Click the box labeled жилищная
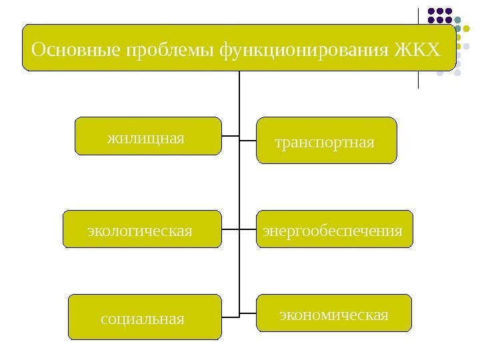click(x=147, y=137)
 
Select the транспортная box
click(x=327, y=141)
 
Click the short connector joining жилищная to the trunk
click(x=230, y=136)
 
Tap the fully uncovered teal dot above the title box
click(x=459, y=20)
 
